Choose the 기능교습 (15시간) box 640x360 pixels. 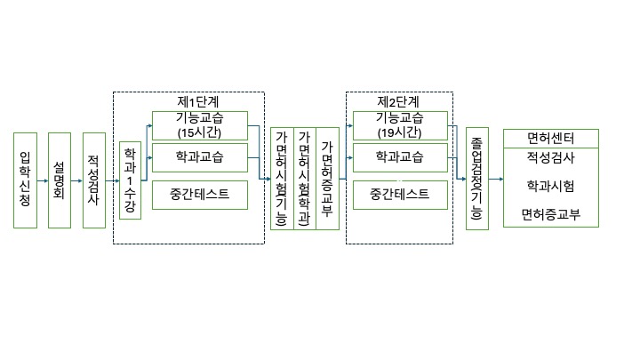[199, 125]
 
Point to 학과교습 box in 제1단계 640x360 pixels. [199, 158]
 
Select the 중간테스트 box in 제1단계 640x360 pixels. [199, 192]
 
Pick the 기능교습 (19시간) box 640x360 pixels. [399, 125]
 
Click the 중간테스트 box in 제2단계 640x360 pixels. [399, 192]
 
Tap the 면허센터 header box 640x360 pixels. [550, 139]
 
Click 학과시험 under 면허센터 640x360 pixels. [550, 187]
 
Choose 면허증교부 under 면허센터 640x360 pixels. [550, 214]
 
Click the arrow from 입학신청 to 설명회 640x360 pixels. [43, 180]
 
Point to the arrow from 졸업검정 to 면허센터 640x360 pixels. [495, 180]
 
